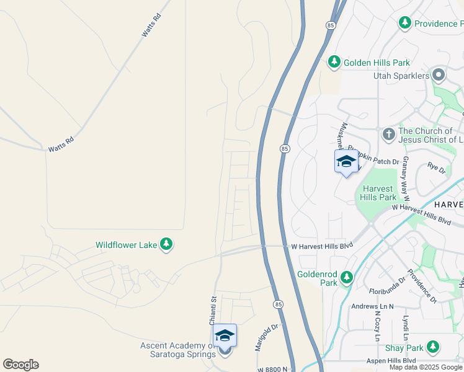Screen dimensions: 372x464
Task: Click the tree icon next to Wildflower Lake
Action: point(166,245)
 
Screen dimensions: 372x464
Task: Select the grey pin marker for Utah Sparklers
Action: point(439,76)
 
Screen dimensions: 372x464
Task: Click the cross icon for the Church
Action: point(388,134)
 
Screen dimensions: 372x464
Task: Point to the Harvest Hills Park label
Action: point(378,193)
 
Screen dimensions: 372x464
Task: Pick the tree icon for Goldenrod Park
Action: point(347,278)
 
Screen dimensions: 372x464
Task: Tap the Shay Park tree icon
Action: point(433,347)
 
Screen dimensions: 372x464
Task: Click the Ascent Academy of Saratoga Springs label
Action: point(180,350)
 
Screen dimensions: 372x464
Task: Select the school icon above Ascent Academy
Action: point(225,337)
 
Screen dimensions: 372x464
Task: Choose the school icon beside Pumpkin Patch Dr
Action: point(346,162)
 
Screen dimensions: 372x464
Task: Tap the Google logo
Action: point(20,365)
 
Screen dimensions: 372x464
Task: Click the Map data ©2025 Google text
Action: point(426,367)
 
